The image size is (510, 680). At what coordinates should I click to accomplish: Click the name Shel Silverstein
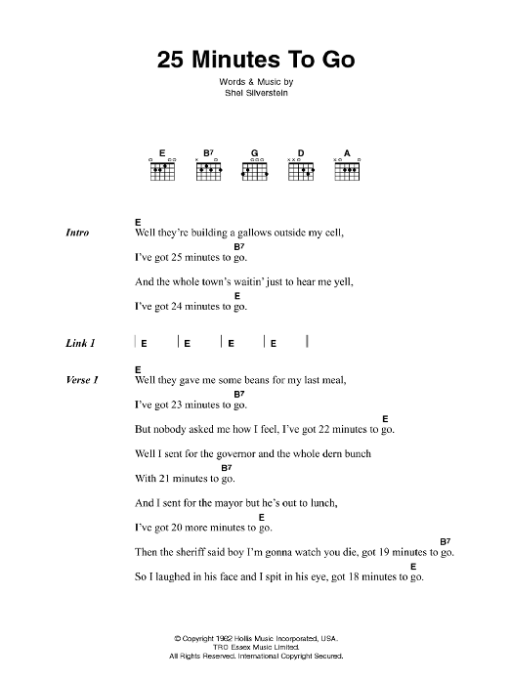point(254,97)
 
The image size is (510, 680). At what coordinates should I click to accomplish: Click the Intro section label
point(77,234)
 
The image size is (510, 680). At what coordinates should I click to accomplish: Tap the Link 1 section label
point(80,343)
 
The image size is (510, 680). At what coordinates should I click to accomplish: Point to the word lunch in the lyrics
point(318,502)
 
